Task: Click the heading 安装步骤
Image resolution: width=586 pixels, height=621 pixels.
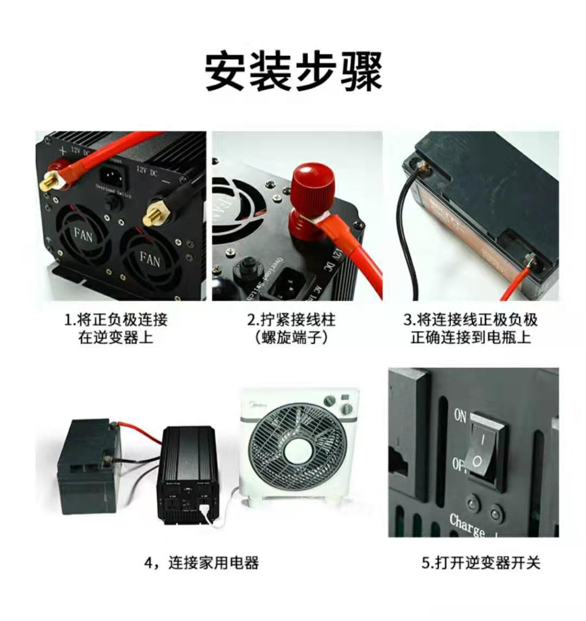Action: coord(294,71)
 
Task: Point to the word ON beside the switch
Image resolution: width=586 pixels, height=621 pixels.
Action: coord(460,416)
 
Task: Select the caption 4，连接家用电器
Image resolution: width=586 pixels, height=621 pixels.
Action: coord(201,562)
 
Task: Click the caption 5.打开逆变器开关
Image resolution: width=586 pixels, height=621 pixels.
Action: coord(481,562)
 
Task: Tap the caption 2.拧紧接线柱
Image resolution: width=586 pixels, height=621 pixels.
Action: coord(292,319)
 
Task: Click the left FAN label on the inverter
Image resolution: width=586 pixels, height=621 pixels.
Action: coord(83,235)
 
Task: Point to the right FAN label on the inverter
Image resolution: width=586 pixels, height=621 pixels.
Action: coord(150,259)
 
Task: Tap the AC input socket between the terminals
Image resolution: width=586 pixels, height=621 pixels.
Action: coord(113,176)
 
